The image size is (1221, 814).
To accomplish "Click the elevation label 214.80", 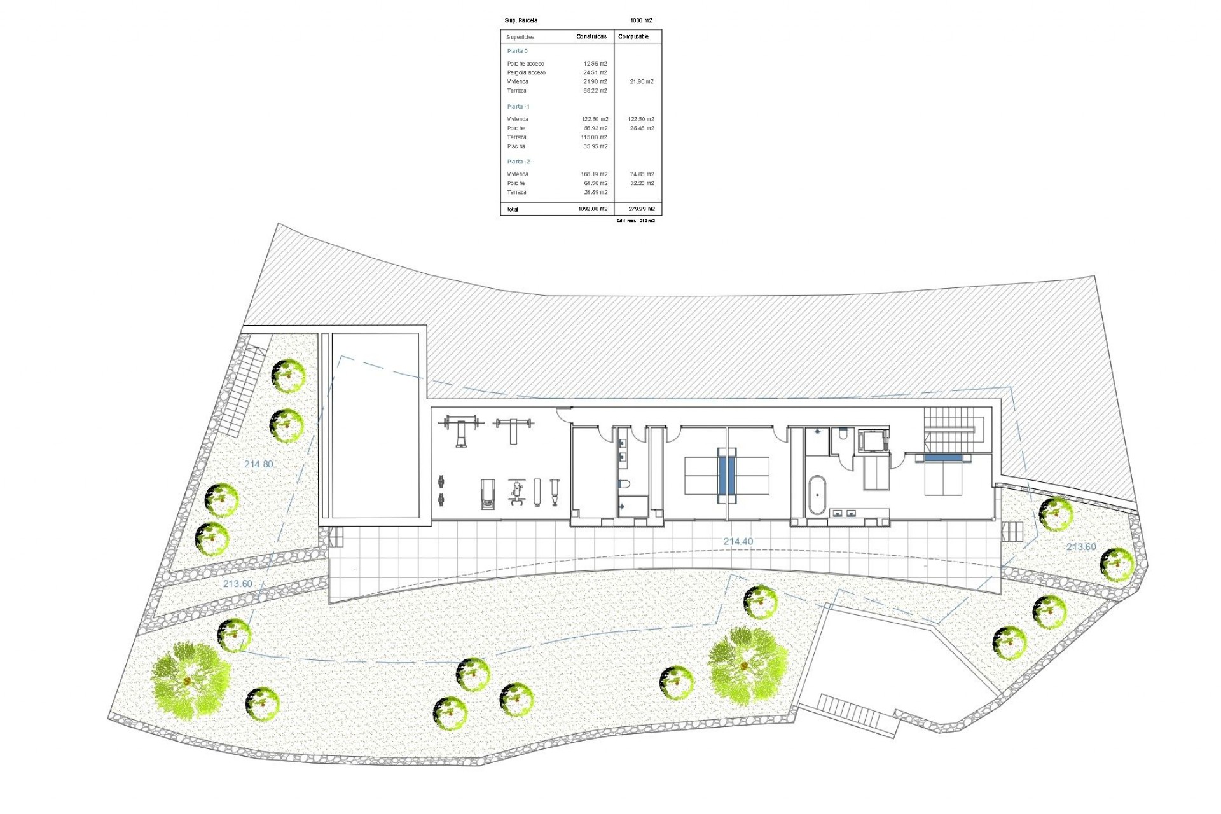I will [258, 464].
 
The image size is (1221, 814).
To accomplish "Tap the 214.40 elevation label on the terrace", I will [738, 542].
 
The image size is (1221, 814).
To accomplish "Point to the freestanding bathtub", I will [817, 495].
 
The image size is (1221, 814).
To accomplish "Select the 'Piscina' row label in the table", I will [516, 146].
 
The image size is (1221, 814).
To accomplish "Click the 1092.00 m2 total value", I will [593, 209].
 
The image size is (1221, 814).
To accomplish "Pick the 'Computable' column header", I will [633, 37].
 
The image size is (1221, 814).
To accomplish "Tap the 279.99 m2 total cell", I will [642, 209].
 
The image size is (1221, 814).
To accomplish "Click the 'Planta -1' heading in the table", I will [518, 107].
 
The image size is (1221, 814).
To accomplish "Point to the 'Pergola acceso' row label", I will [526, 72].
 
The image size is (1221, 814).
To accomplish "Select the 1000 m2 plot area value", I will [641, 21].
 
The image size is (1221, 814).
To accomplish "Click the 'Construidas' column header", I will [591, 37].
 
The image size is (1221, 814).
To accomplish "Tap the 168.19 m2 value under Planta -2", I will [594, 174].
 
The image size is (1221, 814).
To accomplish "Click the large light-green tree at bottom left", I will [190, 680].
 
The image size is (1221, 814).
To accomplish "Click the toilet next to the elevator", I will [843, 434].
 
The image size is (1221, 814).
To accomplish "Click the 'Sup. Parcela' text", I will [521, 21].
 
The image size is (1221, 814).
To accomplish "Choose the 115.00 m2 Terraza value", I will [594, 137].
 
